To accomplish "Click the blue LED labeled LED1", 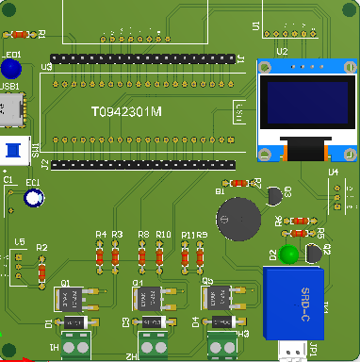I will point(11,69).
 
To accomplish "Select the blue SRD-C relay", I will point(294,302).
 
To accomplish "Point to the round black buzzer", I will point(237,219).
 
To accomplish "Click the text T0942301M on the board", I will point(126,112).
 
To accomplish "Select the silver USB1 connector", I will point(12,110).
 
